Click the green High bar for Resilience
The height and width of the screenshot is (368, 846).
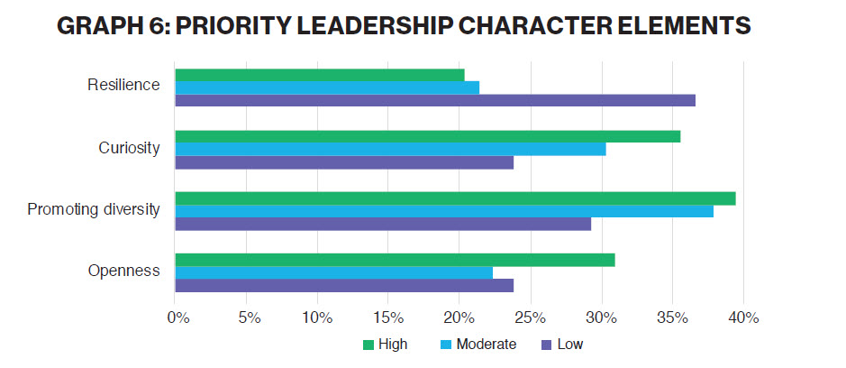point(320,75)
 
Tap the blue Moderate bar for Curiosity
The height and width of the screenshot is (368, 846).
point(390,149)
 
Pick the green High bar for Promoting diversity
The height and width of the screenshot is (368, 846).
point(455,198)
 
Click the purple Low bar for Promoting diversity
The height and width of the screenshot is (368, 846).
point(383,224)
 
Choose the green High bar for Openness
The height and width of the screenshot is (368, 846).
point(395,260)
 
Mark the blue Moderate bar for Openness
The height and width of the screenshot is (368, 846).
point(334,272)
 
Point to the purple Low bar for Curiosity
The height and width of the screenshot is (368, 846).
point(344,162)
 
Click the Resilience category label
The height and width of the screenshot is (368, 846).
point(123,86)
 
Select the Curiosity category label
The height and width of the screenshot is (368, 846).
point(129,148)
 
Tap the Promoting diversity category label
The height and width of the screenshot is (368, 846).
point(94,210)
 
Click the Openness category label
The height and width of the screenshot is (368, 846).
point(124,271)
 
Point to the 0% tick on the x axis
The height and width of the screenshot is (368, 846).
point(177,317)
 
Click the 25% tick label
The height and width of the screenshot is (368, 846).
point(531,317)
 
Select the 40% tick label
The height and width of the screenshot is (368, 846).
point(744,317)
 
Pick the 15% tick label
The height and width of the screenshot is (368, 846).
point(388,317)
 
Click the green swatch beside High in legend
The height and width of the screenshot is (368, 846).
point(368,345)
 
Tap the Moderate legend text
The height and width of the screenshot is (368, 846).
point(487,345)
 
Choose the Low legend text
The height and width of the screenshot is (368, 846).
point(570,345)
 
